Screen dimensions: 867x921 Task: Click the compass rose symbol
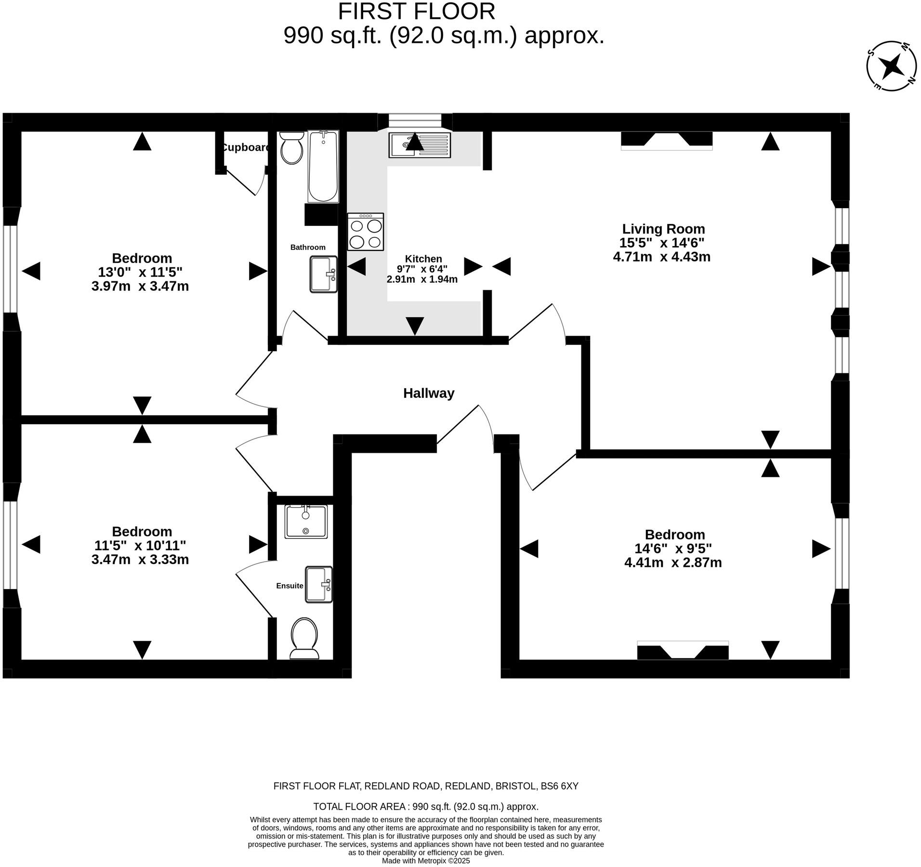click(x=891, y=66)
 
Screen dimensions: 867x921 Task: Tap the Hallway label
click(x=428, y=394)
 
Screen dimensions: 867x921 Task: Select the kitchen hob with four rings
click(x=365, y=232)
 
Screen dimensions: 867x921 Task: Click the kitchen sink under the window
click(x=420, y=145)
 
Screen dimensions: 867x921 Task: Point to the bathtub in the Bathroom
click(x=323, y=166)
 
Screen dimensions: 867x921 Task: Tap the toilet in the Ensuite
click(x=304, y=639)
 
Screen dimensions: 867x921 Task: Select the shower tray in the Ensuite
click(x=306, y=521)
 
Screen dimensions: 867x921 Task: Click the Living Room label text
click(x=663, y=229)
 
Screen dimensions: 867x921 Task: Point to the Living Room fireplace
click(x=666, y=140)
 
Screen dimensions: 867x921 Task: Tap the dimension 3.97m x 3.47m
click(x=140, y=287)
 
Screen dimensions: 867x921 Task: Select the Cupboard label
click(x=246, y=147)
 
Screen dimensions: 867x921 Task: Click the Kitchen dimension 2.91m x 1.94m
click(x=422, y=279)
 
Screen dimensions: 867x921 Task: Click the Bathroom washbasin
click(x=323, y=274)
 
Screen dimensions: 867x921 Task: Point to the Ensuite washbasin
click(x=319, y=584)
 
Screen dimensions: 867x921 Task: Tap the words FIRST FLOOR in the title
click(x=416, y=12)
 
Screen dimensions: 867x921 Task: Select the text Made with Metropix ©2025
click(x=426, y=861)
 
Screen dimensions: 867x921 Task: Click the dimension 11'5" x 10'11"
click(x=140, y=546)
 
